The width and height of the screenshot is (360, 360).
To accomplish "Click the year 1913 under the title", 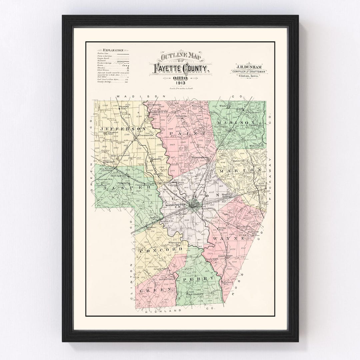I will click(x=180, y=83).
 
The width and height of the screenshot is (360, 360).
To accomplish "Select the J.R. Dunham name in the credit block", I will click(x=248, y=67).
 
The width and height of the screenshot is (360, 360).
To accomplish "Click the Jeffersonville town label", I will click(x=145, y=135).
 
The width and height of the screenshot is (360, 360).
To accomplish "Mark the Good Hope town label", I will click(x=225, y=256).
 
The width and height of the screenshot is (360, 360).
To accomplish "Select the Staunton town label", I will click(x=174, y=242).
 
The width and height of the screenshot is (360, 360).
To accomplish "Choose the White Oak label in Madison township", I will click(x=225, y=106).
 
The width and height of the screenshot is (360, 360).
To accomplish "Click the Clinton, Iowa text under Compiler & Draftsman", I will click(x=248, y=76).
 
